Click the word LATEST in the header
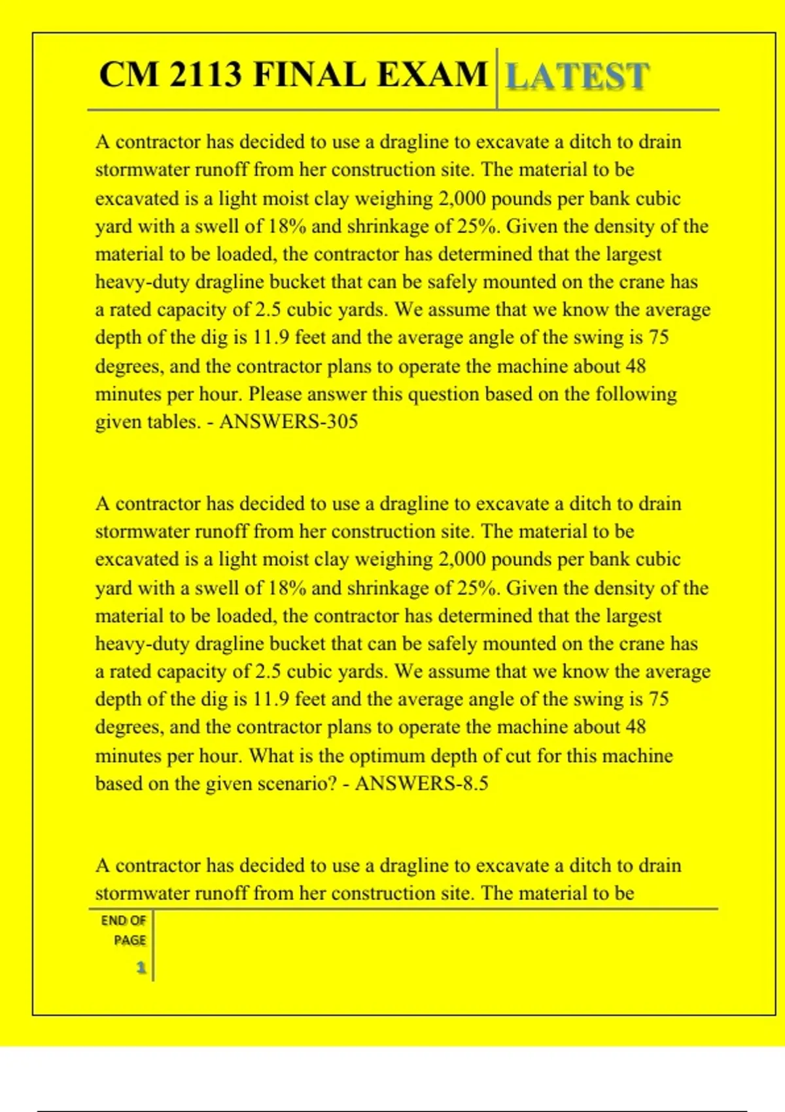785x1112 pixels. pos(578,77)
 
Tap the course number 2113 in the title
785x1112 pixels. pos(205,74)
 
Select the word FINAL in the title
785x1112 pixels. pos(309,74)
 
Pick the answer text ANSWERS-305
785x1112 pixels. pos(288,421)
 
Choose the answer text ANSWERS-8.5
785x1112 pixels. pos(421,783)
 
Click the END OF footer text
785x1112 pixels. pos(123,920)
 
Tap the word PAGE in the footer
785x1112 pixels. pos(130,940)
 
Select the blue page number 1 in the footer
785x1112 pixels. pos(141,967)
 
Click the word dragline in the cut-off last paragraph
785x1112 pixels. pos(413,865)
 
